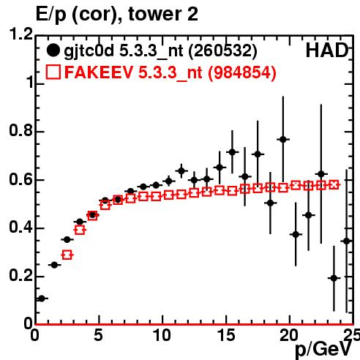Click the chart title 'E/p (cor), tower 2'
click(116, 15)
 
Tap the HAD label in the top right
click(327, 50)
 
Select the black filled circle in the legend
click(53, 50)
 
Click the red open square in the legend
click(53, 72)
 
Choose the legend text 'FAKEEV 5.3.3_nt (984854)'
click(170, 72)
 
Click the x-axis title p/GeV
click(323, 349)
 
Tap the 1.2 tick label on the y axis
click(21, 34)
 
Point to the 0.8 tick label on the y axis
click(21, 130)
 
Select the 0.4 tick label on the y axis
click(21, 227)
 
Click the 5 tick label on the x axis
click(98, 335)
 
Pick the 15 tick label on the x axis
click(227, 335)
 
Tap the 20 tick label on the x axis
click(289, 335)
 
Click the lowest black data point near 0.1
click(42, 299)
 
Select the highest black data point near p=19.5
click(283, 140)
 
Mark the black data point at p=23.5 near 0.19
click(334, 278)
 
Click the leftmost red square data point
click(67, 255)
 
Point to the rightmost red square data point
click(334, 184)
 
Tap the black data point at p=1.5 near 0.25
click(54, 265)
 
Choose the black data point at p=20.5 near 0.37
click(296, 235)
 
